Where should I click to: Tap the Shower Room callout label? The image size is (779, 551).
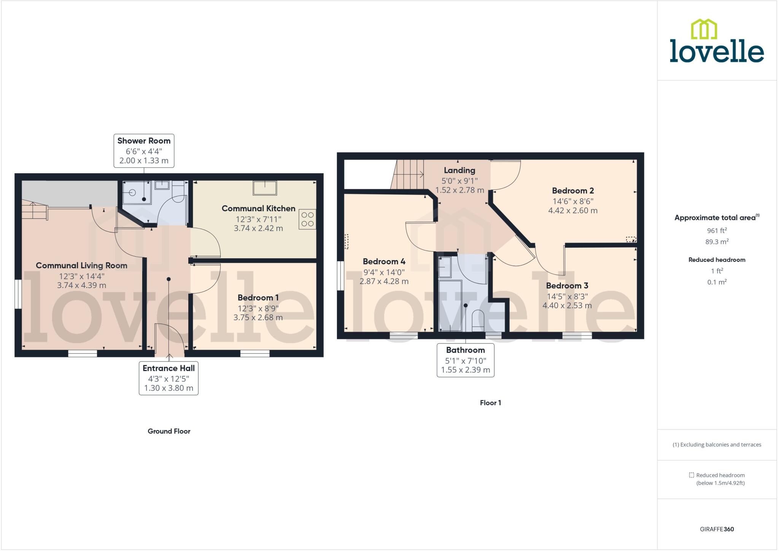(144, 150)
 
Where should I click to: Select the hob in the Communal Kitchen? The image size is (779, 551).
(307, 219)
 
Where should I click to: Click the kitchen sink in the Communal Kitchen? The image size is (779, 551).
(265, 188)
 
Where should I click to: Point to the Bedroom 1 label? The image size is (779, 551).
(258, 298)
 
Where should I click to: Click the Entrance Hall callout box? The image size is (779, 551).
(169, 378)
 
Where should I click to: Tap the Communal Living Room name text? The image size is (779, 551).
(81, 265)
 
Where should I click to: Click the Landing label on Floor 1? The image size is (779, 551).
(459, 170)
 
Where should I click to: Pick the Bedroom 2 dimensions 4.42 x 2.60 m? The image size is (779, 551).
(572, 211)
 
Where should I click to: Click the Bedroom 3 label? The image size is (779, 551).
(567, 286)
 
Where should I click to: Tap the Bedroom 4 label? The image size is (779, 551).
(384, 262)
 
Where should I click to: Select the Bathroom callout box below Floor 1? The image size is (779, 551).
(465, 360)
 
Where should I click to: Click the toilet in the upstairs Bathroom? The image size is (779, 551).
(478, 320)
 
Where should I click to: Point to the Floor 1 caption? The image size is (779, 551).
(490, 403)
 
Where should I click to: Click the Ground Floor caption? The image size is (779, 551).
(169, 431)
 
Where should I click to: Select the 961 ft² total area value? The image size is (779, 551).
(717, 230)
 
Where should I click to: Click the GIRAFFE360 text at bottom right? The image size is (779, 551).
(717, 529)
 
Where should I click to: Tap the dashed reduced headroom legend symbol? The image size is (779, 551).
(692, 475)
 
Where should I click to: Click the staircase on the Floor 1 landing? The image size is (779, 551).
(409, 174)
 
